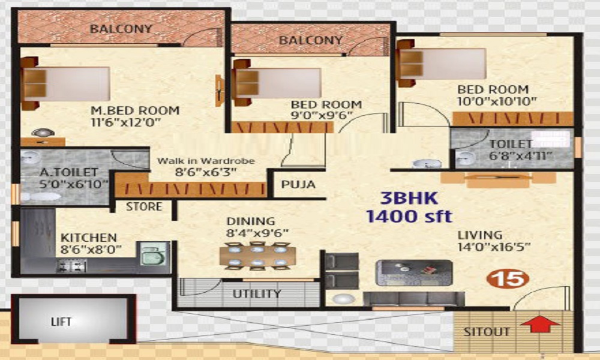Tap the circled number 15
508,279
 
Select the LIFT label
61,322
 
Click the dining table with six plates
257,256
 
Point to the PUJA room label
298,184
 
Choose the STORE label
144,206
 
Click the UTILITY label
257,294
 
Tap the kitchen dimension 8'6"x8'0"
91,250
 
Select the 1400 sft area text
409,217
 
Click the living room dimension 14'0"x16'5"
494,247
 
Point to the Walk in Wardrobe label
206,161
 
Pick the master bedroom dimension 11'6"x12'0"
125,122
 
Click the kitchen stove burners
71,266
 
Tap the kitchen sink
152,253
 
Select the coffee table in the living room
414,273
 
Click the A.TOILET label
69,173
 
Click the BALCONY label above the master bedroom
121,29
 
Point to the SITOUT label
487,332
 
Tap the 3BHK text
409,199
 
